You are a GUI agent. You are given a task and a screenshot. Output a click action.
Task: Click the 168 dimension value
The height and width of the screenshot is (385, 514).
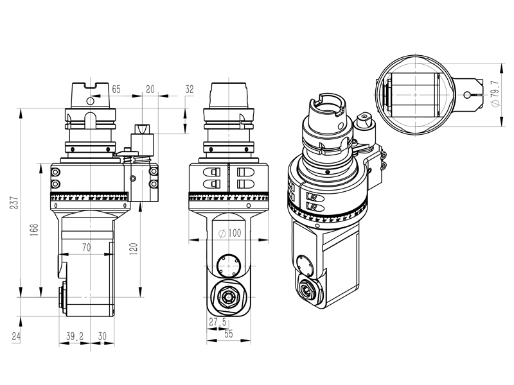35,232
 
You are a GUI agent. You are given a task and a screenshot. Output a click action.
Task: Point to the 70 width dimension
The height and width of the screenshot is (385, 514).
86,246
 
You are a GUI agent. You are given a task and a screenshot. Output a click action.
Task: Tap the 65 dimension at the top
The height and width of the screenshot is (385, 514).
116,89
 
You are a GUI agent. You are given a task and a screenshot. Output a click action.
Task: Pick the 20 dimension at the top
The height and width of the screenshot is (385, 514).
150,89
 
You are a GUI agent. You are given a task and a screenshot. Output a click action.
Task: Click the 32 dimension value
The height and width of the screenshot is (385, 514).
189,89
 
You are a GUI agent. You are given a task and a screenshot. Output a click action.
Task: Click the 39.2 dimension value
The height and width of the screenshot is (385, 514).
75,336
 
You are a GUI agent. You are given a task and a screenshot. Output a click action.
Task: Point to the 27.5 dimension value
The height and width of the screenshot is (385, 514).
217,321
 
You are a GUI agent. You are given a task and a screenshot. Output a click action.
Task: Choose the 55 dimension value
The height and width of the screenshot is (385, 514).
229,334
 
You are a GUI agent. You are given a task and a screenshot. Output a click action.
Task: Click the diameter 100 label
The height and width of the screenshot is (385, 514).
229,234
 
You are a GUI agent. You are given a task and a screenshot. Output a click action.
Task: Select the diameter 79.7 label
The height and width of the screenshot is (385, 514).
494,93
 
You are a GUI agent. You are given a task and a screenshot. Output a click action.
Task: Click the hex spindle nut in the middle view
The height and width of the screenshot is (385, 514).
229,296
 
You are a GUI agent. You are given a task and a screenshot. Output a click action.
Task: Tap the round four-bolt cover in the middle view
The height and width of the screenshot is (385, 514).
229,266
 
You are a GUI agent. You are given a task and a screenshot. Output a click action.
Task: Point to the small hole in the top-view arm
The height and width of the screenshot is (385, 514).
466,95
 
